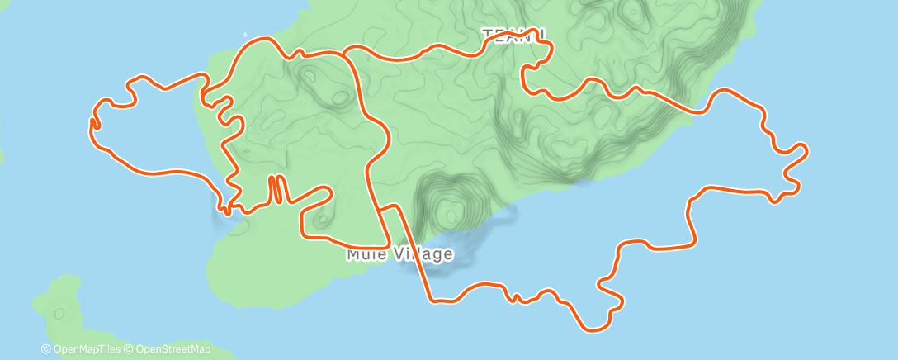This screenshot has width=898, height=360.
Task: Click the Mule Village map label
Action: [x=399, y=253]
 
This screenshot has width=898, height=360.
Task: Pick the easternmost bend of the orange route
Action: [x=806, y=149]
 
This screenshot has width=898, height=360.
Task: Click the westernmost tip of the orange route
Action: [x=90, y=122]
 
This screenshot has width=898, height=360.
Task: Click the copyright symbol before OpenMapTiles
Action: [x=46, y=349]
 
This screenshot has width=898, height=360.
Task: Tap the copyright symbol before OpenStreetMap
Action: [x=130, y=349]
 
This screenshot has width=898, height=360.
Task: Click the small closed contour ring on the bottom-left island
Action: [x=59, y=313]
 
